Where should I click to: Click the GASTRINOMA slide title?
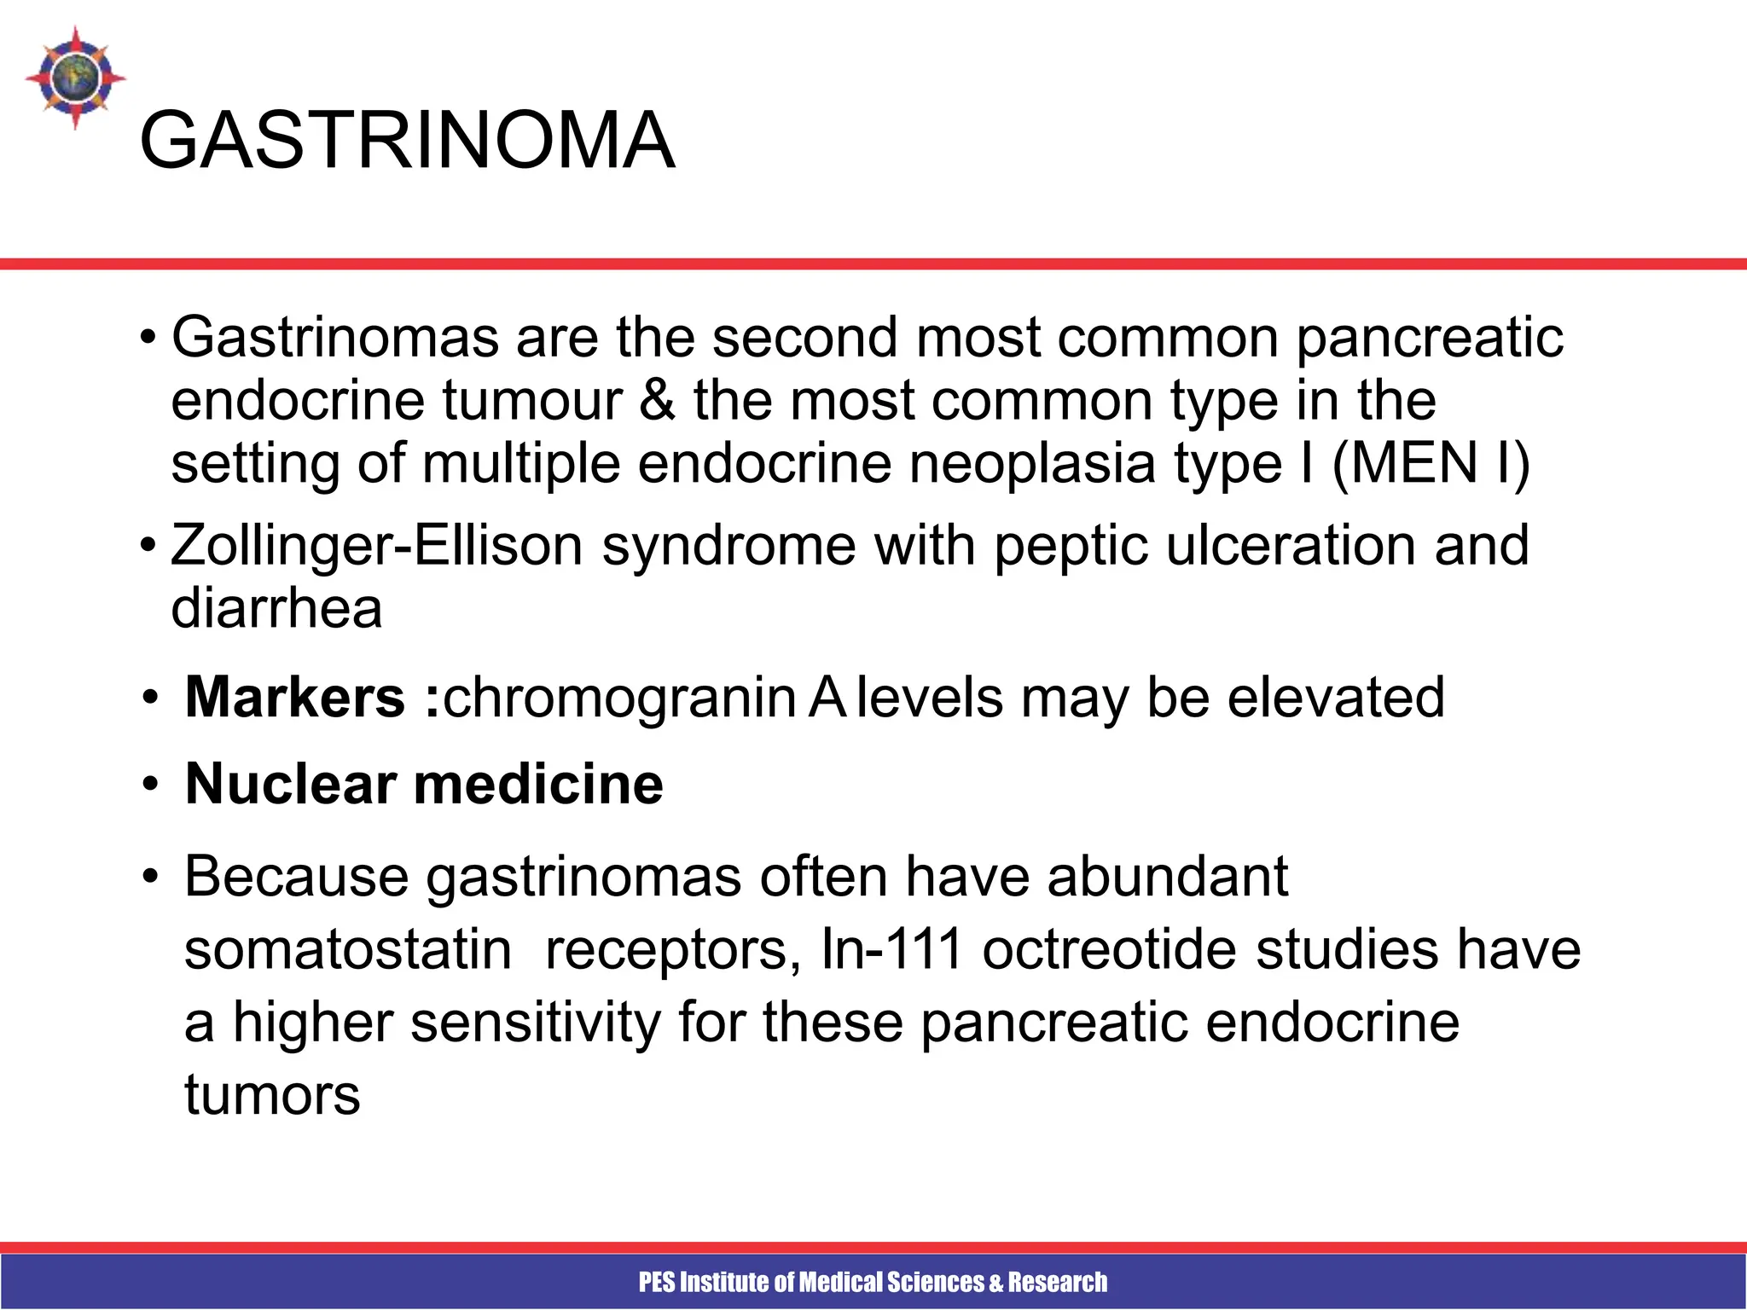tap(407, 141)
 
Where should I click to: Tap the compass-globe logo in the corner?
tap(75, 78)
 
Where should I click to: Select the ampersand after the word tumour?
tap(656, 400)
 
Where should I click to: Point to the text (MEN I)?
tap(1431, 465)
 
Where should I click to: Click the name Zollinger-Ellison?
tap(376, 546)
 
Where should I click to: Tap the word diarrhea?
tap(276, 609)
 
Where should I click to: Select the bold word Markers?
tap(294, 698)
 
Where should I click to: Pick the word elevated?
tap(1336, 698)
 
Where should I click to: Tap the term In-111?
tap(891, 949)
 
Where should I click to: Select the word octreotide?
tap(1109, 949)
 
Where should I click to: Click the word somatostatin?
tap(348, 949)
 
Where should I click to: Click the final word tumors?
tap(272, 1095)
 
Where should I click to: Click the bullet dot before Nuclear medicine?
tap(151, 784)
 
